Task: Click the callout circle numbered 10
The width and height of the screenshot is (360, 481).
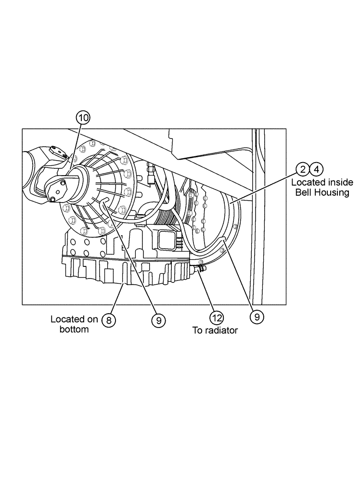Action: (x=83, y=117)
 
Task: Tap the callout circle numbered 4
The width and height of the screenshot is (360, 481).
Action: (x=316, y=169)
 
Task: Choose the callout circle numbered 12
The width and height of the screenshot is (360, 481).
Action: (x=216, y=317)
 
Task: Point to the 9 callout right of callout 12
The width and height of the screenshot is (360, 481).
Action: (x=257, y=317)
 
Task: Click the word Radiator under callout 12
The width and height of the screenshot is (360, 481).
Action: (x=221, y=331)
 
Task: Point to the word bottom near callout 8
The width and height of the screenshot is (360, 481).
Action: (x=74, y=329)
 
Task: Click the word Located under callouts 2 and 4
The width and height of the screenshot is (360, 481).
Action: (x=307, y=183)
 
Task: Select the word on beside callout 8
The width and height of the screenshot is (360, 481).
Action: (x=93, y=319)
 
